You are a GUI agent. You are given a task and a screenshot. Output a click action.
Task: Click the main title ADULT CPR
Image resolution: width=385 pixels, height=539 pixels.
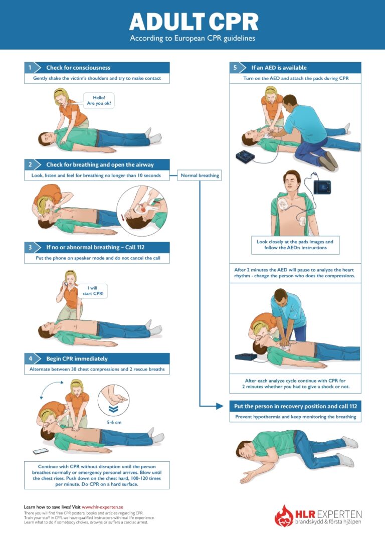(194, 22)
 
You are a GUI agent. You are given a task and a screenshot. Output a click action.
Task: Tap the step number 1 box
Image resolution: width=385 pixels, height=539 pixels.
(30, 68)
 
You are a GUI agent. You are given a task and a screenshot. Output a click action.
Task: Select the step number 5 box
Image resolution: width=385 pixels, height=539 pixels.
(236, 68)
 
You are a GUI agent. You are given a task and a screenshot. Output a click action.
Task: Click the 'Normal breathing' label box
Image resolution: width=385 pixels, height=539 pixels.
(199, 176)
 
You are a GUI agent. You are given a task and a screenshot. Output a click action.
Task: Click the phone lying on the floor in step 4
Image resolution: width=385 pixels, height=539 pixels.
(41, 451)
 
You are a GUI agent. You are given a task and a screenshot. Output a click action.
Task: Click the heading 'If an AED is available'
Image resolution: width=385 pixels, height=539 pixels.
(279, 68)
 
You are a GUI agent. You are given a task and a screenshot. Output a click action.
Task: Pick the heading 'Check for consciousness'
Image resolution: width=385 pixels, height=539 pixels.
(78, 68)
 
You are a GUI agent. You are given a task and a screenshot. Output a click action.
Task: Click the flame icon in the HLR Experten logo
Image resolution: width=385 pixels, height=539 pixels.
(284, 515)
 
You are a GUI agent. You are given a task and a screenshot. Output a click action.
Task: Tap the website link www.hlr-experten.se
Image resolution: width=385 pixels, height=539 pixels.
(103, 507)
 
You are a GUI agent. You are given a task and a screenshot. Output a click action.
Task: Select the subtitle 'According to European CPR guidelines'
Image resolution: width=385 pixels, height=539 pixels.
(193, 38)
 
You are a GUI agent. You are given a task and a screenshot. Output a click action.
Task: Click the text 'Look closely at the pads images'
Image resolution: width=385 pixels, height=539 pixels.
(295, 242)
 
